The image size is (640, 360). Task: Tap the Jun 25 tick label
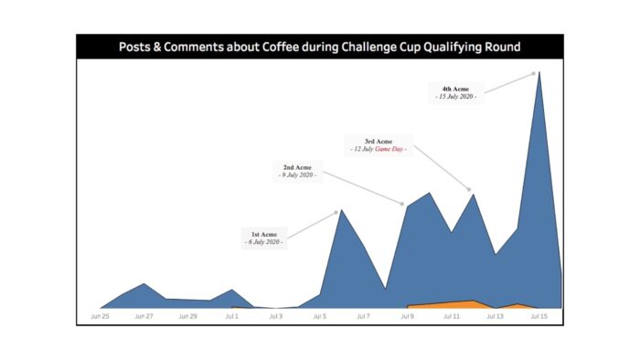point(100,317)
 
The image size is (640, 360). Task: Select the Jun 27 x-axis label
point(144,317)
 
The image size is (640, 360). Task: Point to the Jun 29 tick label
point(187,317)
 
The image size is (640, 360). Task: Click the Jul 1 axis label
point(231,317)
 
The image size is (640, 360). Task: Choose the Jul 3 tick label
point(275,317)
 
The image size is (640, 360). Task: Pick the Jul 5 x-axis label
point(319,317)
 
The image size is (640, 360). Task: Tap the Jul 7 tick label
point(363,317)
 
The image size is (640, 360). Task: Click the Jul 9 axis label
point(407,317)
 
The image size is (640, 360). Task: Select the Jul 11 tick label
point(451,317)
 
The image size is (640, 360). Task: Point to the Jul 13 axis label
point(495,317)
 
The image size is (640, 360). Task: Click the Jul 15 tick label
point(539,317)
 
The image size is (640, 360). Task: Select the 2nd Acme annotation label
point(296,171)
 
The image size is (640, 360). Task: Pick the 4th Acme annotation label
point(455,91)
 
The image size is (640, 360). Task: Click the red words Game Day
point(388,149)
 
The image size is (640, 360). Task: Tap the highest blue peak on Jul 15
point(539,73)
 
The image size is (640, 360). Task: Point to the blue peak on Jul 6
point(340,211)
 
